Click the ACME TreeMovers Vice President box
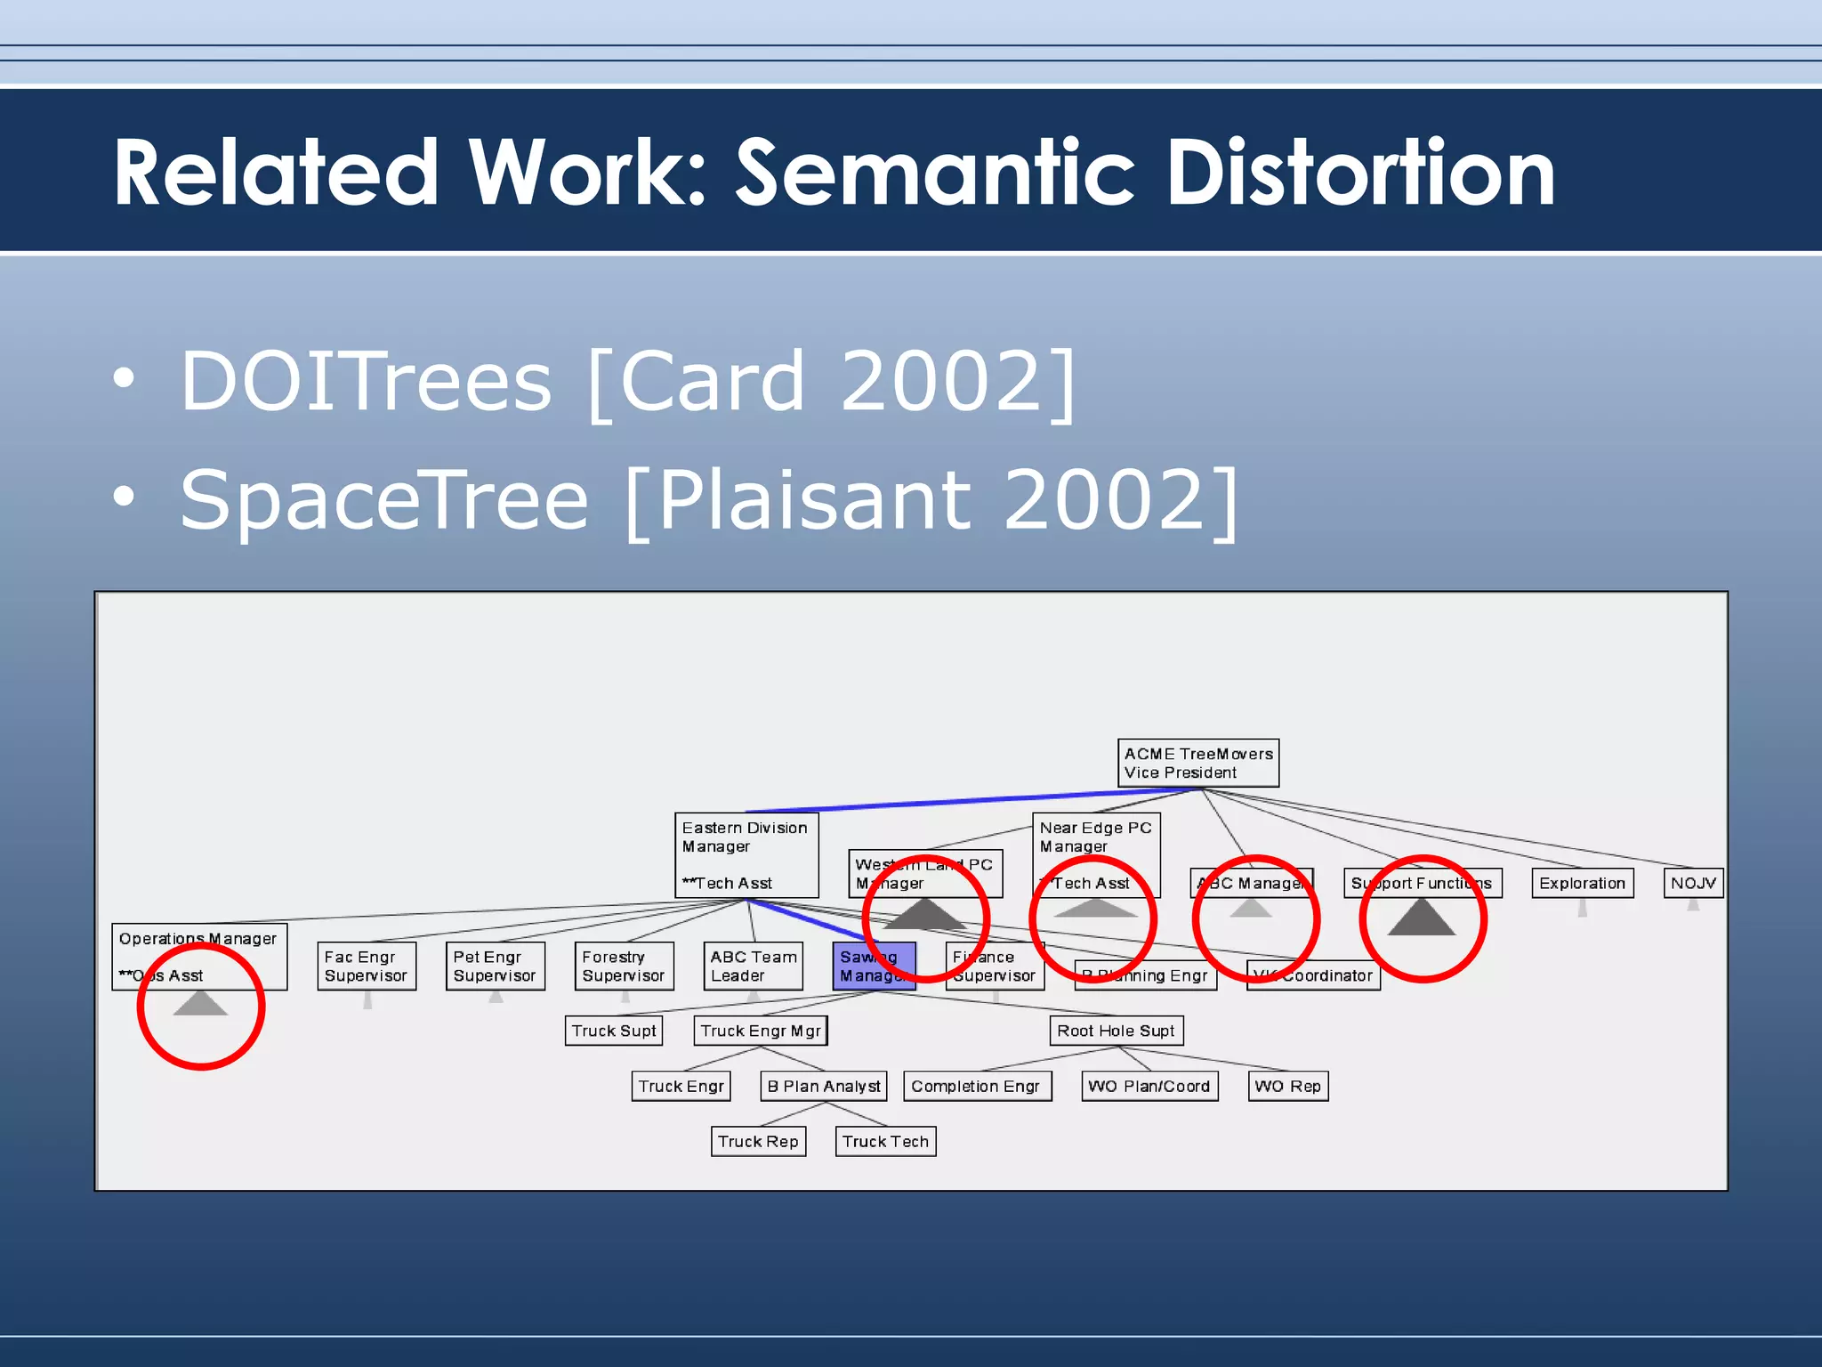(1197, 763)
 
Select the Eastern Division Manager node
(746, 854)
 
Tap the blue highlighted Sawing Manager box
(874, 966)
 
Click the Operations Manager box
(198, 957)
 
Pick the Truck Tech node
(885, 1141)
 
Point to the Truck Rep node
(758, 1141)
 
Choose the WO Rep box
(1287, 1086)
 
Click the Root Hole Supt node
(1116, 1031)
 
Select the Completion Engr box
(976, 1086)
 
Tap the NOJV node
(1692, 883)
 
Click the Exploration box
(1582, 883)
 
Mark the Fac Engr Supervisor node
(366, 966)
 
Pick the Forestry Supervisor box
(624, 966)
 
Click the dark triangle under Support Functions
(1421, 919)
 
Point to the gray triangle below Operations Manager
(200, 1004)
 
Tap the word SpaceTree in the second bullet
(383, 500)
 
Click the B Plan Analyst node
(824, 1086)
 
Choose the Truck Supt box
(614, 1031)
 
